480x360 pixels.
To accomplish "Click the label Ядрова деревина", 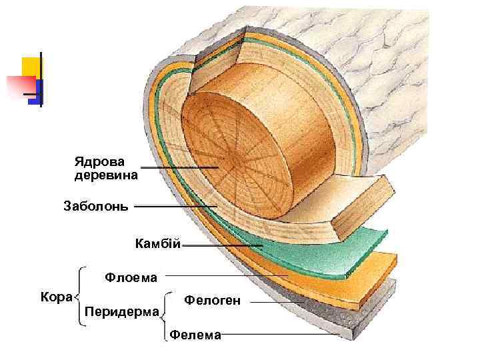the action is (106, 169).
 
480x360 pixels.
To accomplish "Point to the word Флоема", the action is (131, 277).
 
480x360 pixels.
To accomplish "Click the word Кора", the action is (57, 295).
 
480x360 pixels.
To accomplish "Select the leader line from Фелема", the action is (280, 335).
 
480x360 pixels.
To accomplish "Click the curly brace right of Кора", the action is (79, 296).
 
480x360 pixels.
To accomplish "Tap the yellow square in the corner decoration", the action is (30, 67).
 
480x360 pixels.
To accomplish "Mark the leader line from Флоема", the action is (227, 275).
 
